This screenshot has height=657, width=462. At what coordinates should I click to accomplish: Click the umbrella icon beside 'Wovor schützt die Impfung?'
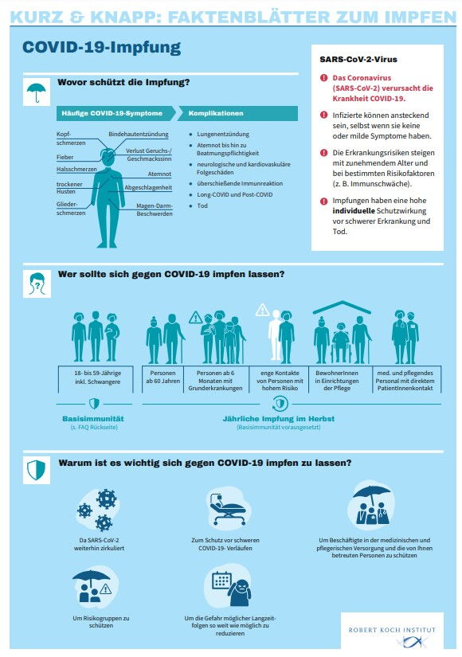pos(37,92)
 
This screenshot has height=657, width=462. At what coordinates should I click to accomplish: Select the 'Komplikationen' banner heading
pos(237,113)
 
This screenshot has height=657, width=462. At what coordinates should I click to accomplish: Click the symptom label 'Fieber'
pos(65,157)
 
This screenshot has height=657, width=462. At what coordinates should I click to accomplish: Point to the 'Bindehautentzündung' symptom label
pos(139,134)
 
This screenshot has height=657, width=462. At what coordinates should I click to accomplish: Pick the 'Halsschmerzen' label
pos(76,170)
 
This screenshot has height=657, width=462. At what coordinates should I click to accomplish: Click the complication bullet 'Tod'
pos(202,205)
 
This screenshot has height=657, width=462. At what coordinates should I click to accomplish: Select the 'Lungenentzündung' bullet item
pos(223,134)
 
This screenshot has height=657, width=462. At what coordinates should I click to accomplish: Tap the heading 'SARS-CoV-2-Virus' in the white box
pos(358,60)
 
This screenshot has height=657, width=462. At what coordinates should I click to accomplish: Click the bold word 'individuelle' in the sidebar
pos(354,211)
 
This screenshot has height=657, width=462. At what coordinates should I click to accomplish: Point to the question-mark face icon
pos(37,284)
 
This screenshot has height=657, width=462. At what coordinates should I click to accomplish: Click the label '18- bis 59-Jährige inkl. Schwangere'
pos(97,377)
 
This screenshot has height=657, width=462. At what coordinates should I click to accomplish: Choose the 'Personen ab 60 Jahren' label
pos(162,377)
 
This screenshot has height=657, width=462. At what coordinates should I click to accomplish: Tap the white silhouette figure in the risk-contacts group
pos(275,335)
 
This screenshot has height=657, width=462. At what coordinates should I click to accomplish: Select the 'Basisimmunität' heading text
pos(93,419)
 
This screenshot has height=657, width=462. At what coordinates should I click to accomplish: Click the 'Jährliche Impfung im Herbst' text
pos(278,419)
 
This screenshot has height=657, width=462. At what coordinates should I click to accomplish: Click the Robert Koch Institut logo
pos(392,635)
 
